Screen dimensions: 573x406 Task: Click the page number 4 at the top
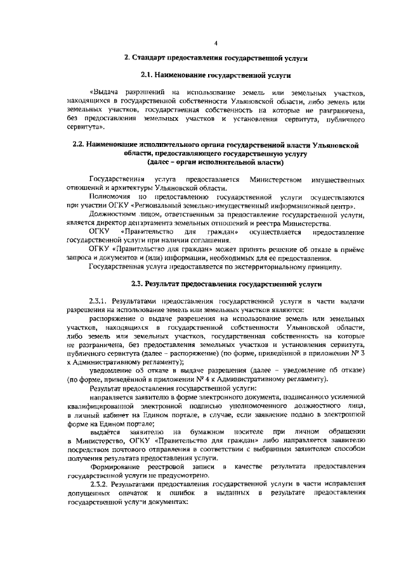tap(216, 43)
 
